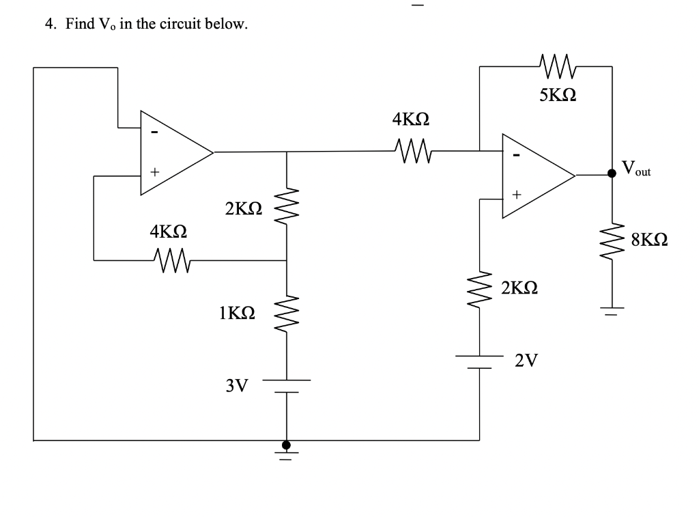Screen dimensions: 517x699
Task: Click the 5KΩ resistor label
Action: click(x=558, y=95)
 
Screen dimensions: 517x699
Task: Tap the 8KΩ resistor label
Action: click(x=649, y=240)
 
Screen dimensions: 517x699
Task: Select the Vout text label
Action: click(x=636, y=168)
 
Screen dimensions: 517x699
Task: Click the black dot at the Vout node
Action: click(x=612, y=174)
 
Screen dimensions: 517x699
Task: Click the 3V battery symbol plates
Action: click(x=287, y=386)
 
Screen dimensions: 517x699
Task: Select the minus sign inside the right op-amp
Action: click(x=517, y=156)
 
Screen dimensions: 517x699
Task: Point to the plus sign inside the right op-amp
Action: click(x=517, y=196)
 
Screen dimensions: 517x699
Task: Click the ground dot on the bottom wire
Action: click(x=287, y=445)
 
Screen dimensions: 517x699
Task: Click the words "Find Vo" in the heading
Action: click(x=92, y=25)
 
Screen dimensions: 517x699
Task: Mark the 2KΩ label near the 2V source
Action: click(x=519, y=288)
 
